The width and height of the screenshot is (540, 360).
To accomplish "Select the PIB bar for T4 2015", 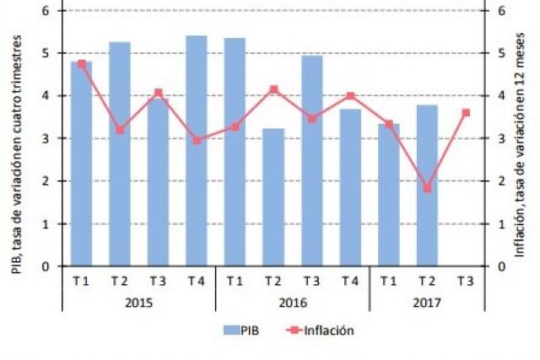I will pos(197,151).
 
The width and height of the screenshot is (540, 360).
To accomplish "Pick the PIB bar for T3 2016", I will pos(312,161).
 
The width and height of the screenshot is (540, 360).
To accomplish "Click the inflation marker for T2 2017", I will pos(427,188).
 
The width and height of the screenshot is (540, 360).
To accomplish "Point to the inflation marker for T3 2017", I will pos(466,112).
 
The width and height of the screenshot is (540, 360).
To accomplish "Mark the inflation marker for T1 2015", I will pos(81,64).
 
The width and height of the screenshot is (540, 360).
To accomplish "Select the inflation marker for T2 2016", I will pos(273,89).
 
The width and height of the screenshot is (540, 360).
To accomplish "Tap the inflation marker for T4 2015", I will pos(197,141).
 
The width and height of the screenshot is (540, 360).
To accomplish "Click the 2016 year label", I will pos(292,302).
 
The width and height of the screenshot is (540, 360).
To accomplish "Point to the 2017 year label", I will pos(427,302).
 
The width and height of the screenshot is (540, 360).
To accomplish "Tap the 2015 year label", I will pos(138,302).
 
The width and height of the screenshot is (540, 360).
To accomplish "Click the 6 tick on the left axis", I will pos(46,11).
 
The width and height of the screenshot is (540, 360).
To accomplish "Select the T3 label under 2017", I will pos(466,281).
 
